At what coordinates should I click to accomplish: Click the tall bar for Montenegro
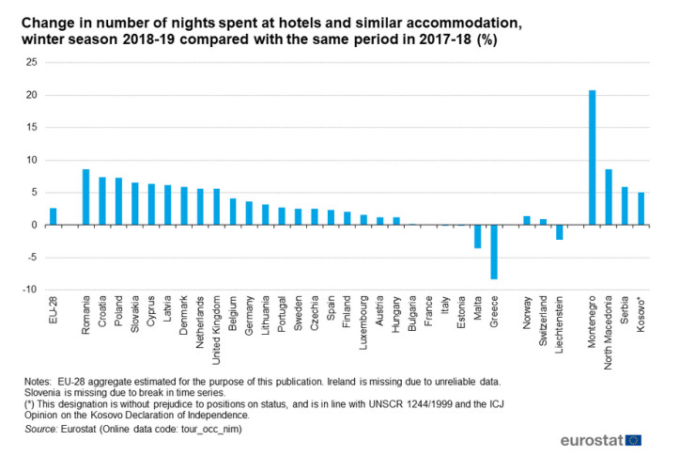click(592, 157)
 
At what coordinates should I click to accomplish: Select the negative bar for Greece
click(494, 252)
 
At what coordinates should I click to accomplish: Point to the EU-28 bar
click(54, 216)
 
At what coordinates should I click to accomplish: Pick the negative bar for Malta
click(477, 236)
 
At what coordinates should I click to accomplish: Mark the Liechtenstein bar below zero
click(559, 232)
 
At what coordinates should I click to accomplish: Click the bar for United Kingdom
click(216, 207)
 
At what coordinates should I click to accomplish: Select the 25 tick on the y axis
click(31, 63)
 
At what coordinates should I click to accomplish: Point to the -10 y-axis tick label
click(29, 290)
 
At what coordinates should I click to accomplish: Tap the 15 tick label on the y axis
click(31, 128)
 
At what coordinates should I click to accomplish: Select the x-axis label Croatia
click(102, 318)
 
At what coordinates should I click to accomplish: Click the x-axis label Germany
click(250, 320)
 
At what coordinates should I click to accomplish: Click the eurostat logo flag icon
click(634, 439)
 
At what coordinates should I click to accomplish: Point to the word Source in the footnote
click(41, 428)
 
